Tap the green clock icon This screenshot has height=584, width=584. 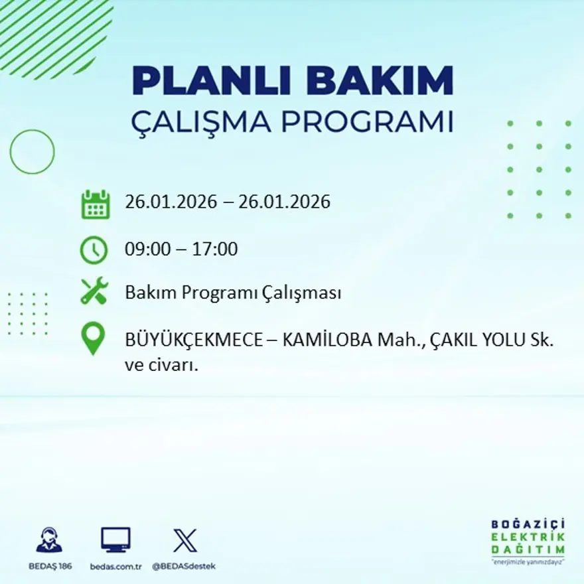tap(94, 250)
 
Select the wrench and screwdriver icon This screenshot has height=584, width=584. tap(94, 292)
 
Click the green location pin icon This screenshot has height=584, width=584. tap(93, 338)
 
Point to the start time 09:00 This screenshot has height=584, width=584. tap(147, 250)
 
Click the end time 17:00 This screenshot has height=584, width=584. tap(215, 250)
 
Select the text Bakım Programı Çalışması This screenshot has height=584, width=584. tap(233, 293)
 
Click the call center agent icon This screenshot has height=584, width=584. tap(49, 540)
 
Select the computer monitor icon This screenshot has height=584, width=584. tap(115, 540)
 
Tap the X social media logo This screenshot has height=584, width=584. tap(184, 540)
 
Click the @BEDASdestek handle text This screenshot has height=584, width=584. tap(184, 566)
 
